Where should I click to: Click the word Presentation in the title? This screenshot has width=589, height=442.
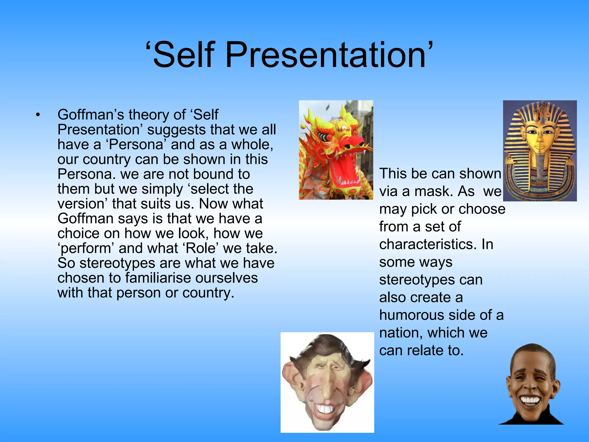325,55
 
